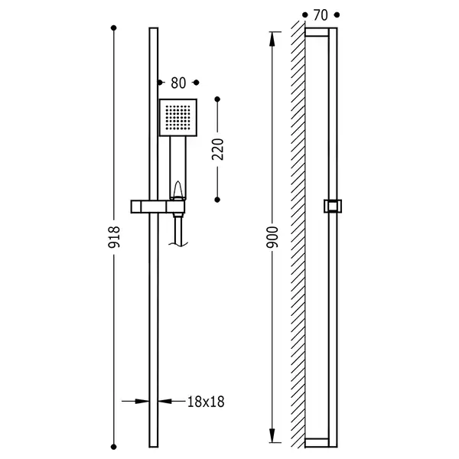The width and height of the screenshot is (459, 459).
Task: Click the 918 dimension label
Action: click(114, 237)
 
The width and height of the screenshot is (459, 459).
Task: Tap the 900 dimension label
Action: click(272, 237)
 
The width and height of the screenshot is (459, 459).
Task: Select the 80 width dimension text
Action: click(178, 83)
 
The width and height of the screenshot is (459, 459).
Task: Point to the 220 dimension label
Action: click(217, 149)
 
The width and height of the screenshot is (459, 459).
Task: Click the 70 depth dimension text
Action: click(321, 15)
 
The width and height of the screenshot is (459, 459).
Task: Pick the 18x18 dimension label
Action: click(206, 402)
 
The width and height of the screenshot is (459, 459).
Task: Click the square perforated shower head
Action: click(178, 118)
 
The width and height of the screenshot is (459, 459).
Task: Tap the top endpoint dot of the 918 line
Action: click(114, 28)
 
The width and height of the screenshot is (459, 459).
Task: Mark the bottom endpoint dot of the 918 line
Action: click(114, 447)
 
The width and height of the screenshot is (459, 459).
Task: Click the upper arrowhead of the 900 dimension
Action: click(272, 39)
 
